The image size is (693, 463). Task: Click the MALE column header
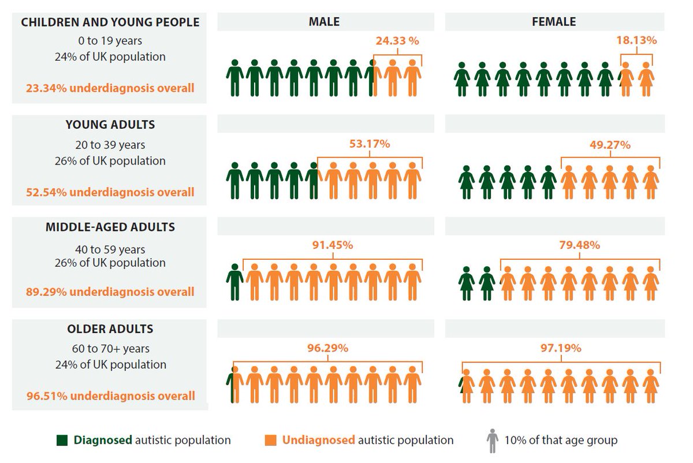(x=324, y=22)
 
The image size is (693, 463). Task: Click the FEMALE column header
(x=554, y=22)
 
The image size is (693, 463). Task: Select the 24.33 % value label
(x=397, y=41)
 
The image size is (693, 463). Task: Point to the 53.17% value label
(x=369, y=144)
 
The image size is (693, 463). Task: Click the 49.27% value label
(x=610, y=145)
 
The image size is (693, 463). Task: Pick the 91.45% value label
(x=333, y=245)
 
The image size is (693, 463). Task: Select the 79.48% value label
(x=580, y=245)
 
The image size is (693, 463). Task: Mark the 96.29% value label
(x=327, y=348)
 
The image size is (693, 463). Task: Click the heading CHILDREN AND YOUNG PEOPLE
(x=110, y=23)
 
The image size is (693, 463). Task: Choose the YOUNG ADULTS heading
(x=110, y=125)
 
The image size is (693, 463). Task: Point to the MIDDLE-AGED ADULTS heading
(x=110, y=227)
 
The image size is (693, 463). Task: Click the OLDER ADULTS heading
(x=110, y=329)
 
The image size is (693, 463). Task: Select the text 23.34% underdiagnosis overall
(x=110, y=88)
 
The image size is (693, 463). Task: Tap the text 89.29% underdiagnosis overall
(x=110, y=292)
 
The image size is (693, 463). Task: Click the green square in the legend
(x=62, y=440)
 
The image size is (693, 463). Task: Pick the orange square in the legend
(x=270, y=440)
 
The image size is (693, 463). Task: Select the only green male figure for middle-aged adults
(x=234, y=282)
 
